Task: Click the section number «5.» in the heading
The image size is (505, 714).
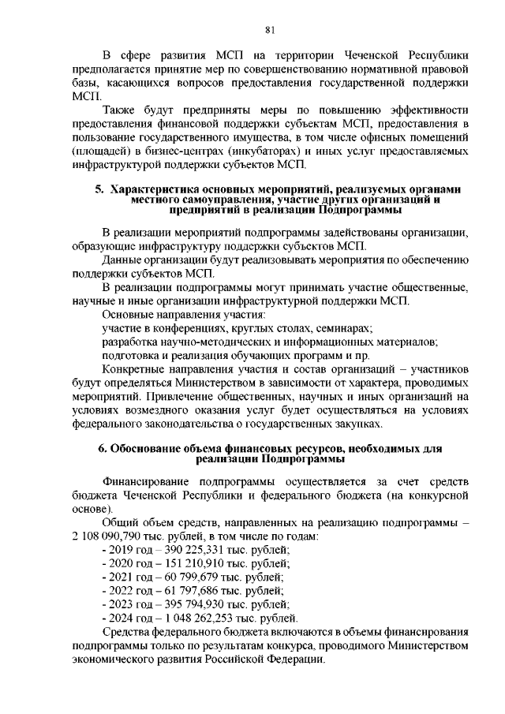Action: tap(99, 190)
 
